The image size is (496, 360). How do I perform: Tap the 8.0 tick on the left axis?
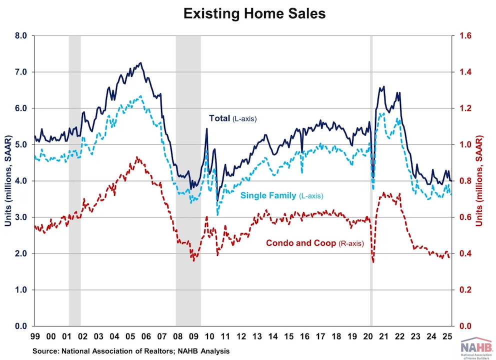point(20,36)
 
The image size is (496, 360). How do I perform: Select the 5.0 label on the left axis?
point(20,144)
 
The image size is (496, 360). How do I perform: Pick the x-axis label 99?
point(35,336)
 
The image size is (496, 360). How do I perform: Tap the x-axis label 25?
point(450,336)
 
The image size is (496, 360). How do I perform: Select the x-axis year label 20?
point(369,336)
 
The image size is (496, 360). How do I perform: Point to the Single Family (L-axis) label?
point(282,195)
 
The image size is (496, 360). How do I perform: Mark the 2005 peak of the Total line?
point(141,63)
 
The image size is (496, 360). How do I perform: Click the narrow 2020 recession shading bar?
point(371,180)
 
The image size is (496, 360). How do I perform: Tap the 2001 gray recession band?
point(74,180)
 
